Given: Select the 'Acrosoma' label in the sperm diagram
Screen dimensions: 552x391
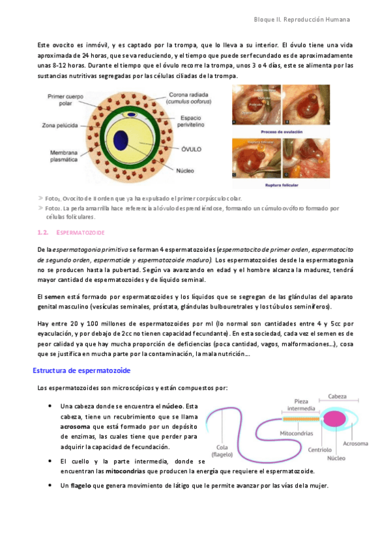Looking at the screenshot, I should [356, 444].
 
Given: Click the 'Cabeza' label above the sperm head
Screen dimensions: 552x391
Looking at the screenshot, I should [337, 396].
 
